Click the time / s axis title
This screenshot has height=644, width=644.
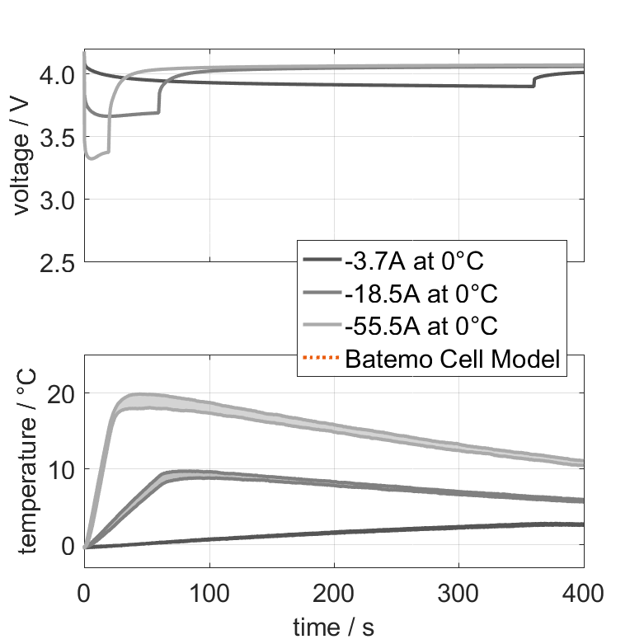tap(333, 627)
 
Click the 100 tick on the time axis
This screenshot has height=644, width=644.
tap(209, 591)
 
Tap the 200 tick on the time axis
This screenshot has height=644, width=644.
tap(334, 591)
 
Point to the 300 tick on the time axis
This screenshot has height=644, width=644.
tap(459, 591)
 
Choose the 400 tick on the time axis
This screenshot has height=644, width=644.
tap(583, 591)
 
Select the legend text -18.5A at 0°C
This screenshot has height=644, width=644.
tap(421, 294)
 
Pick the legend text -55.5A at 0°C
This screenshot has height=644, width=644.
tap(421, 326)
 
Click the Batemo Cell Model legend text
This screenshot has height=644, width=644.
tap(453, 359)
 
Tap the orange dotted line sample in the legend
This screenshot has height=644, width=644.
tap(322, 359)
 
